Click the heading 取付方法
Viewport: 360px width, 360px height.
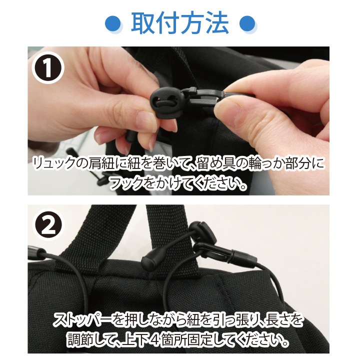coord(180,23)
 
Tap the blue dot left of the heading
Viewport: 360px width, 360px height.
coord(113,23)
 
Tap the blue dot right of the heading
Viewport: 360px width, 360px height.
coord(247,23)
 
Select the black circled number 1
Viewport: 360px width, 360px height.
coord(48,68)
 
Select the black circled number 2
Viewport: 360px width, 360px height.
coord(48,225)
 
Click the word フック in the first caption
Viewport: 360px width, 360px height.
coord(127,183)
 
